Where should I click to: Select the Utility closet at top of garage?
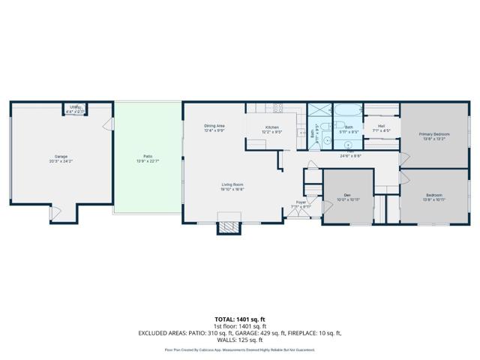(75, 109)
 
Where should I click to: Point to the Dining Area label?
(215, 127)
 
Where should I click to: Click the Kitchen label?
(273, 128)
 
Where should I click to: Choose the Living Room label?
(232, 187)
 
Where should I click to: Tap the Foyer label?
(300, 203)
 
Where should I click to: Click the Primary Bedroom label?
(434, 136)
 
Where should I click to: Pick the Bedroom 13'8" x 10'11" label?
(434, 197)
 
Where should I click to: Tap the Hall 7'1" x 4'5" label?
(381, 128)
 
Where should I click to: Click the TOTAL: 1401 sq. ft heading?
(239, 319)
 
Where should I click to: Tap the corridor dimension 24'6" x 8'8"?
(350, 156)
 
